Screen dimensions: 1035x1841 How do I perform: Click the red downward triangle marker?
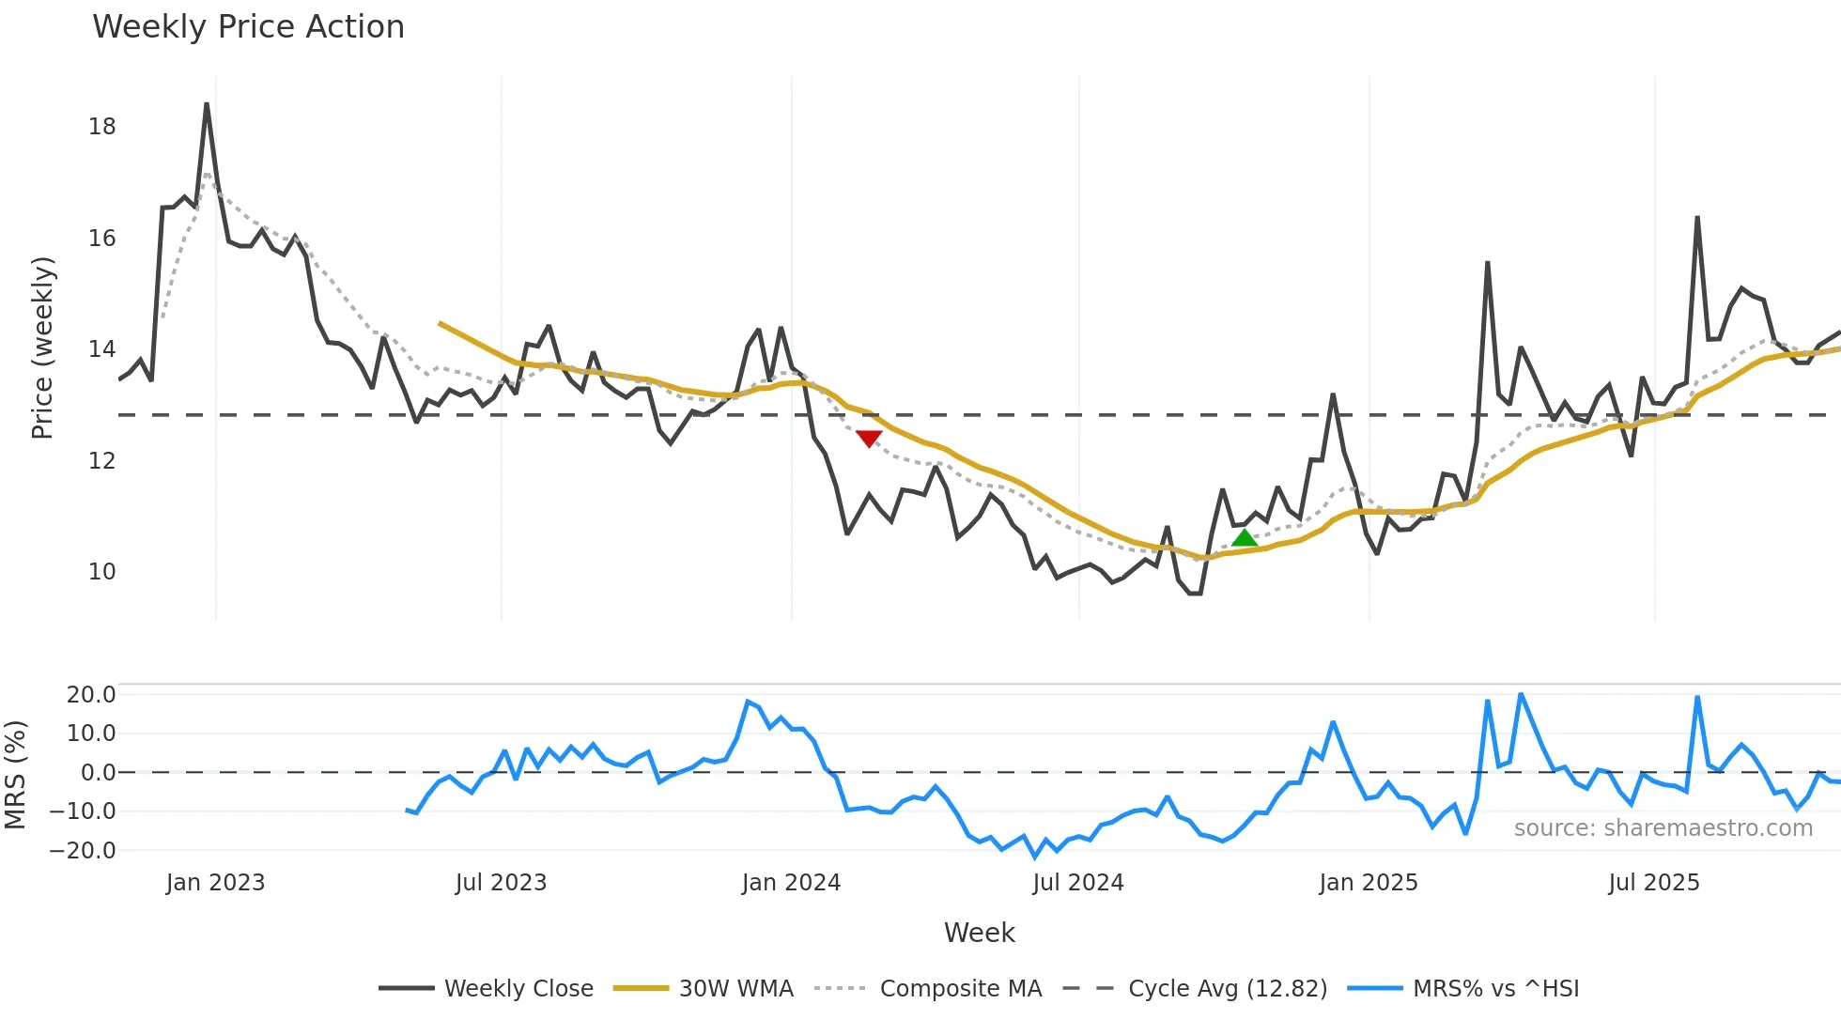869,439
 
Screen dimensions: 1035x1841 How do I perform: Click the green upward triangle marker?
1245,538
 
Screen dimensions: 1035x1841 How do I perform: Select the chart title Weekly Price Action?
248,27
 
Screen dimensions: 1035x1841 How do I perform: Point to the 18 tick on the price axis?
102,127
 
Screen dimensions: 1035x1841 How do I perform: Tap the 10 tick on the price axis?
102,571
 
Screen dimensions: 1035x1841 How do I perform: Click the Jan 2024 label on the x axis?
791,883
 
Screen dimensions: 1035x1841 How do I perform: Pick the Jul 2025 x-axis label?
1654,883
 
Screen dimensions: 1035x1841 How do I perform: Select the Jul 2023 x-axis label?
501,883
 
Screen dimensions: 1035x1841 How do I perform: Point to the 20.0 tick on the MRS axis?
91,695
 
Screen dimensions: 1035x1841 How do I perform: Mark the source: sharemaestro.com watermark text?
1663,828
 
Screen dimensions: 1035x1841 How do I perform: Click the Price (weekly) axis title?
43,348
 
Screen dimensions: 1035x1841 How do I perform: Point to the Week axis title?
979,933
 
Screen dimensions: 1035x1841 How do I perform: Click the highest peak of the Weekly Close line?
207,104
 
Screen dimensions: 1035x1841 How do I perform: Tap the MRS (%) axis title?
15,775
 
